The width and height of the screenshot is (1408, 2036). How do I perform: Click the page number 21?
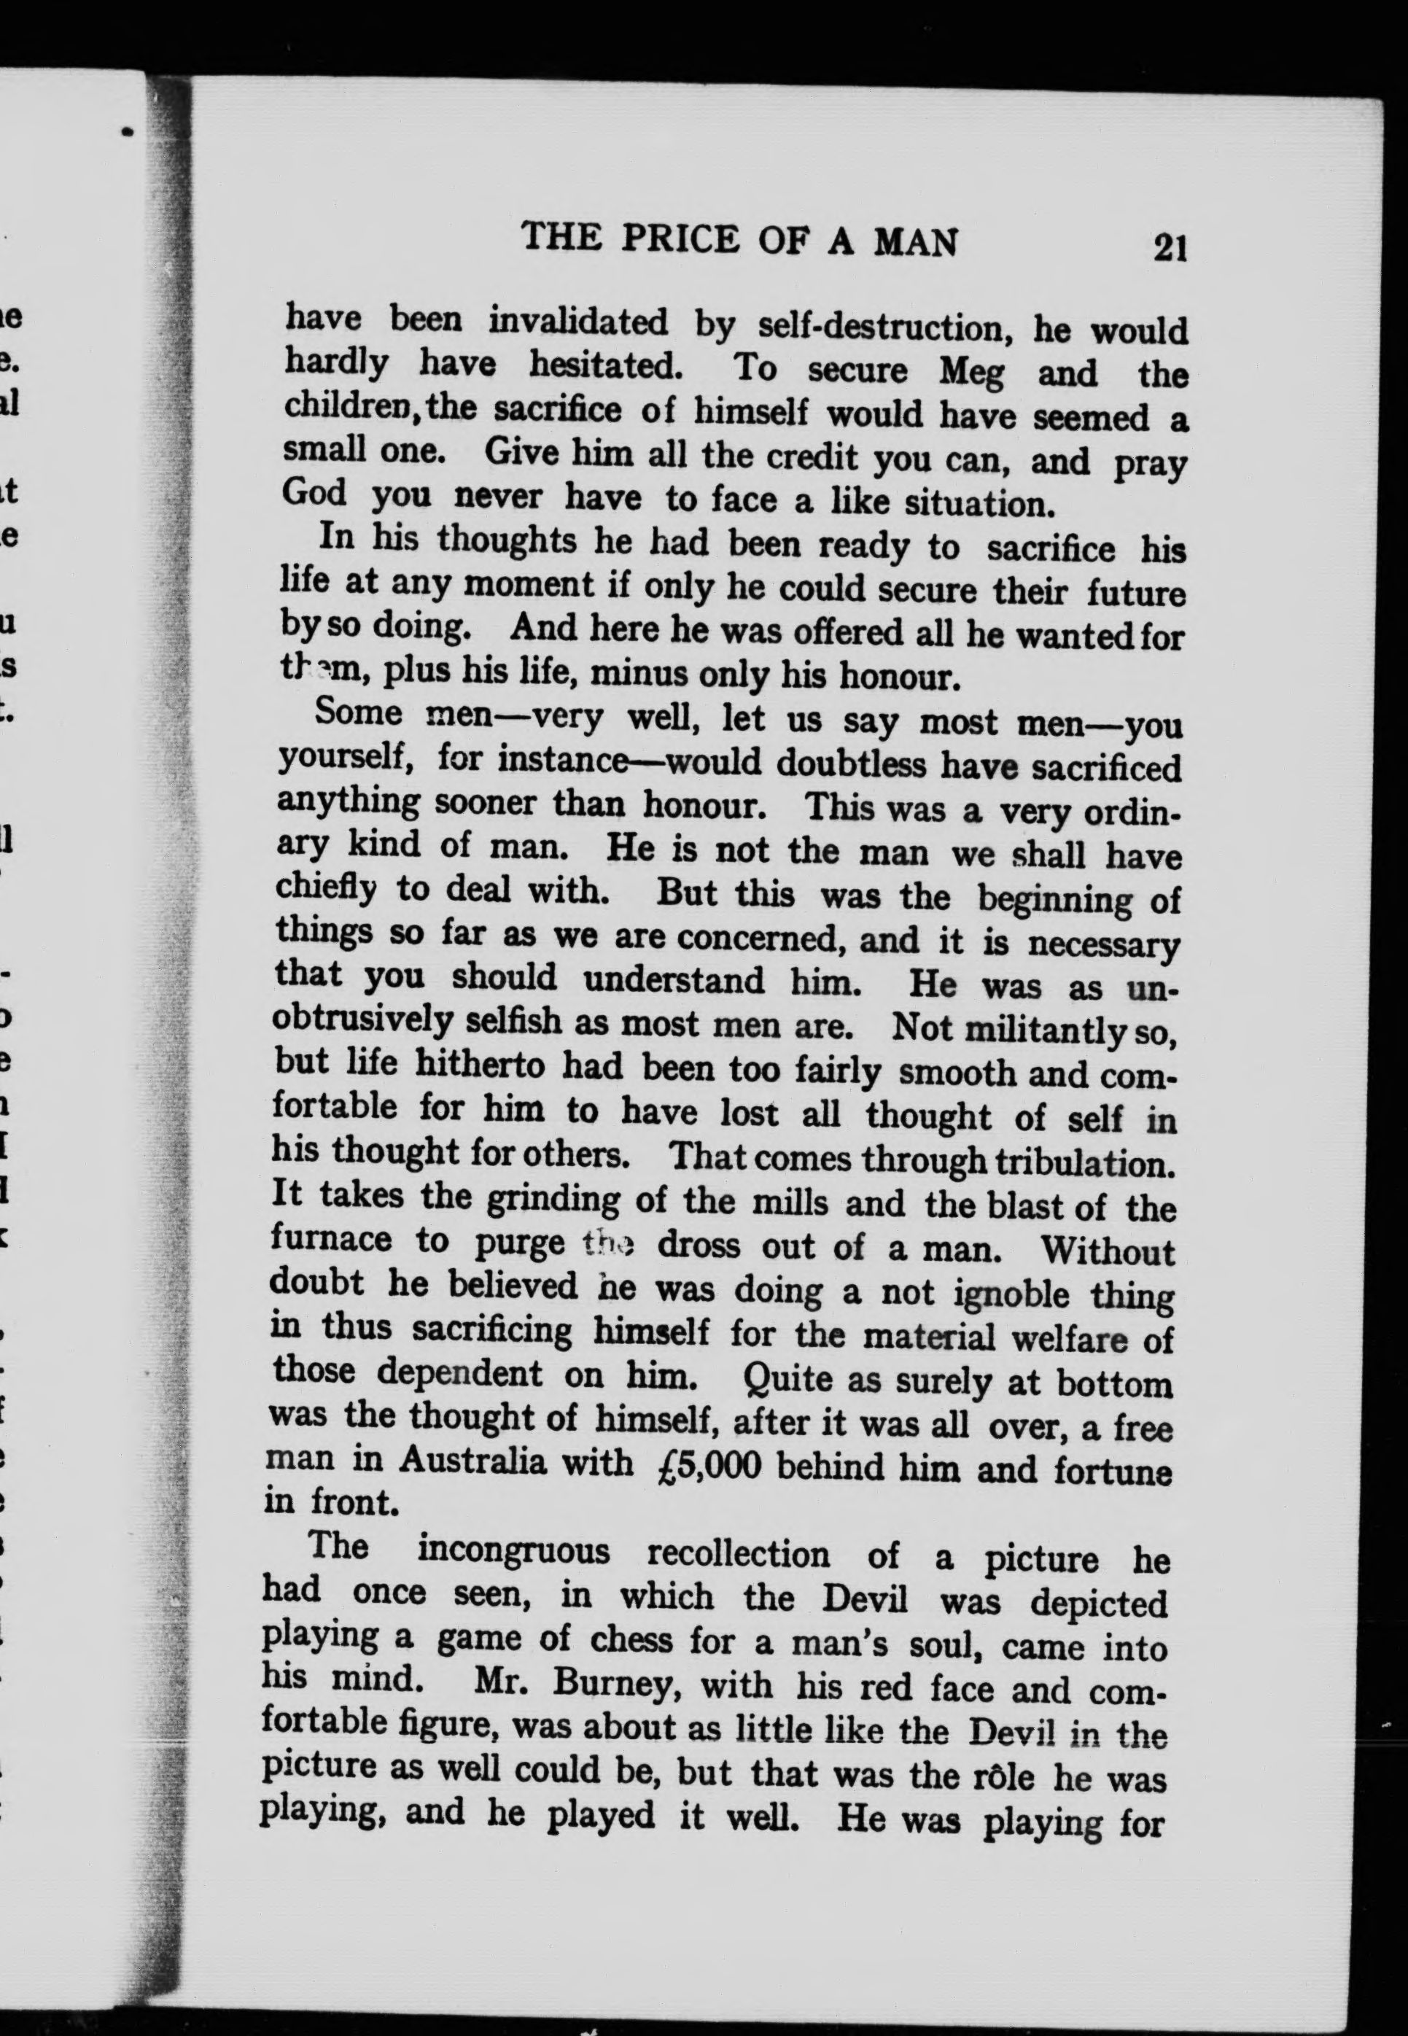[x=1170, y=248]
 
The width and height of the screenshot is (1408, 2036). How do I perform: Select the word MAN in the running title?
[x=915, y=243]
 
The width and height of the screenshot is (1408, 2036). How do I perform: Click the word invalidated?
[x=577, y=322]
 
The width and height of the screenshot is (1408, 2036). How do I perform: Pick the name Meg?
[x=971, y=372]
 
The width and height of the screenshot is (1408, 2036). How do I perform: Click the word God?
[x=314, y=491]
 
